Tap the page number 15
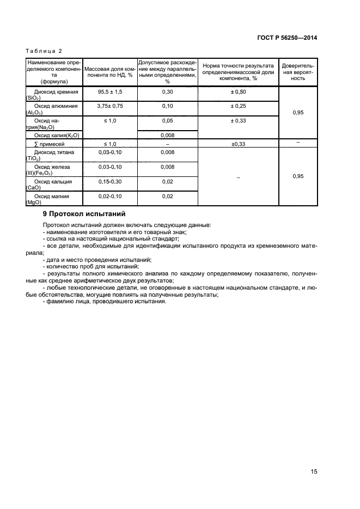pos(313,471)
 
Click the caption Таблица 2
pos(44,51)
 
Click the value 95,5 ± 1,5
pos(110,92)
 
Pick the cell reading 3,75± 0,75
pos(110,106)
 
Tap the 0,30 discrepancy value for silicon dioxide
pos(167,92)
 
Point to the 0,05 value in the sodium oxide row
pos(167,120)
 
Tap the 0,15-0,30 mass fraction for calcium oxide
pos(110,181)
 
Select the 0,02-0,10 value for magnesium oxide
pos(110,195)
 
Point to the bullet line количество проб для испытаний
pos(90,267)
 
